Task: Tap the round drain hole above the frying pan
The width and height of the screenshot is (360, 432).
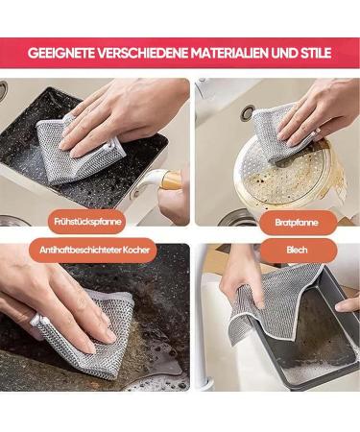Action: coord(248,112)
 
